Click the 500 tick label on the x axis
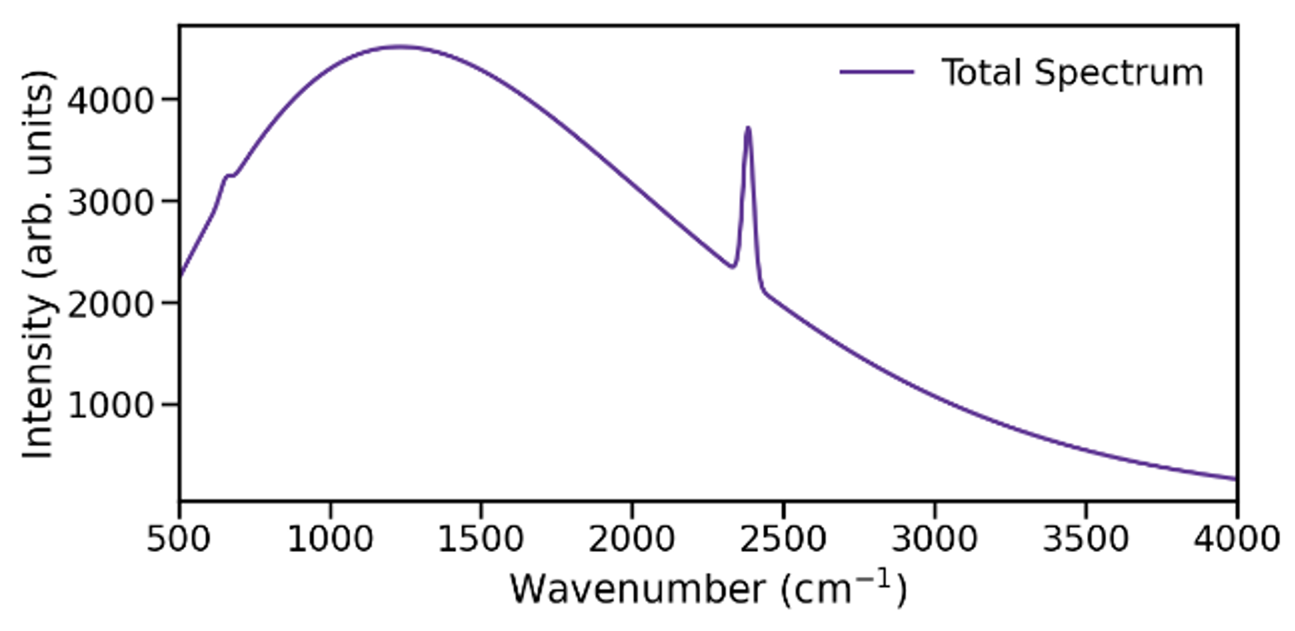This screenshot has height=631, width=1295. point(179,539)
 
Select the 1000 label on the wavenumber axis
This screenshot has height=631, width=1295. point(330,539)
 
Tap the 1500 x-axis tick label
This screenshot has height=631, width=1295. point(480,539)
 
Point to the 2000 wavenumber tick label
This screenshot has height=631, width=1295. point(632,539)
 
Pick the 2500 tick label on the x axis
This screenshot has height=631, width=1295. point(782,539)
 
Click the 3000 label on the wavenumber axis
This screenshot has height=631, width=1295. point(934,539)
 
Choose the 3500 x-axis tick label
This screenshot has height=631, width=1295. point(1085,539)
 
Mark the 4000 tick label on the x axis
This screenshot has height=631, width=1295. point(1236,539)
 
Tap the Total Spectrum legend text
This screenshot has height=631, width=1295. point(1072,73)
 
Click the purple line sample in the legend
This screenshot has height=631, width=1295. point(876,73)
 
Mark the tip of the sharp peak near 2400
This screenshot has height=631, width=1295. point(748,128)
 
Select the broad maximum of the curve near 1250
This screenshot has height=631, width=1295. point(399,47)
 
